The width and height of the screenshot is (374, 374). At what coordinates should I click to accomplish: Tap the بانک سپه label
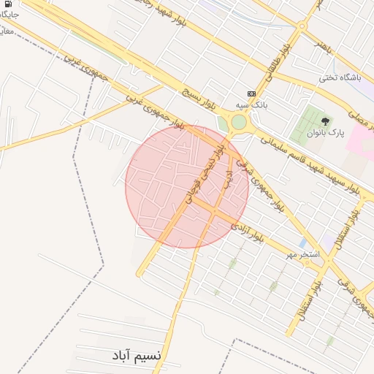point(258,105)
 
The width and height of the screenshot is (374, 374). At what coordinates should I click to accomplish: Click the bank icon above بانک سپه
point(252,93)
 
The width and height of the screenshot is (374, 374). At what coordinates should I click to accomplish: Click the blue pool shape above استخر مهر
point(302,243)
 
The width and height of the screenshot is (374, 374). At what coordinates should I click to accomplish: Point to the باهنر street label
point(323,44)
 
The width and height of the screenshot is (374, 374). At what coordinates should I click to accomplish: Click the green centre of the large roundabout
point(239,122)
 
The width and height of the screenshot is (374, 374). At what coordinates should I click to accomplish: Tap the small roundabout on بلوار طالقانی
point(301,27)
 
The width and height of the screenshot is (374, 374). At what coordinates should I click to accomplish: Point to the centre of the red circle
point(187,186)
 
